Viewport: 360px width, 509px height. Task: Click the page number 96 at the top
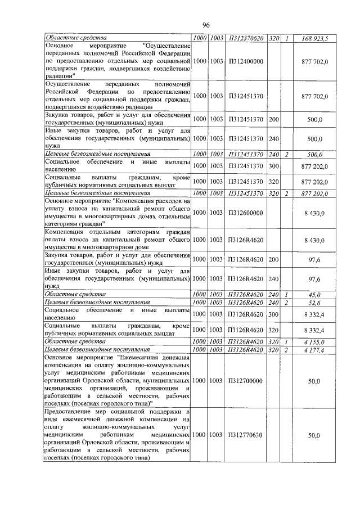tap(205, 25)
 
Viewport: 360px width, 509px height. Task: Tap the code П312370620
tap(245, 38)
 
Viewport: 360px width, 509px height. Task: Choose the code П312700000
tap(245, 381)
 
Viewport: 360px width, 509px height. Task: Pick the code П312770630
tap(245, 435)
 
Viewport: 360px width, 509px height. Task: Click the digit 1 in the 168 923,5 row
tap(287, 38)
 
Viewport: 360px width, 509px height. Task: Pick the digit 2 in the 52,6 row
tap(287, 303)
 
